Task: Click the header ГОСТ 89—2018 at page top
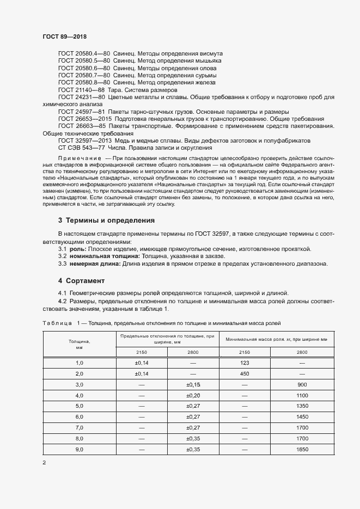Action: tap(64, 36)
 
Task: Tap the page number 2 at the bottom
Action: tap(44, 462)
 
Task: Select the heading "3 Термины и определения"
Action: tap(106, 220)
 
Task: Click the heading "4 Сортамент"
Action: tap(81, 281)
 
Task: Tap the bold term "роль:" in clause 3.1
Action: tap(78, 249)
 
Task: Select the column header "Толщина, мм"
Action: tap(79, 344)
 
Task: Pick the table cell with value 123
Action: tap(245, 363)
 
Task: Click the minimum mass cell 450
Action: tap(245, 373)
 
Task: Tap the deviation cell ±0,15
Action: tap(193, 384)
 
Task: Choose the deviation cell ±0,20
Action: tap(193, 395)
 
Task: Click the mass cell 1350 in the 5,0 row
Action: tap(302, 406)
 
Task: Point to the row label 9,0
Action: tap(79, 449)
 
